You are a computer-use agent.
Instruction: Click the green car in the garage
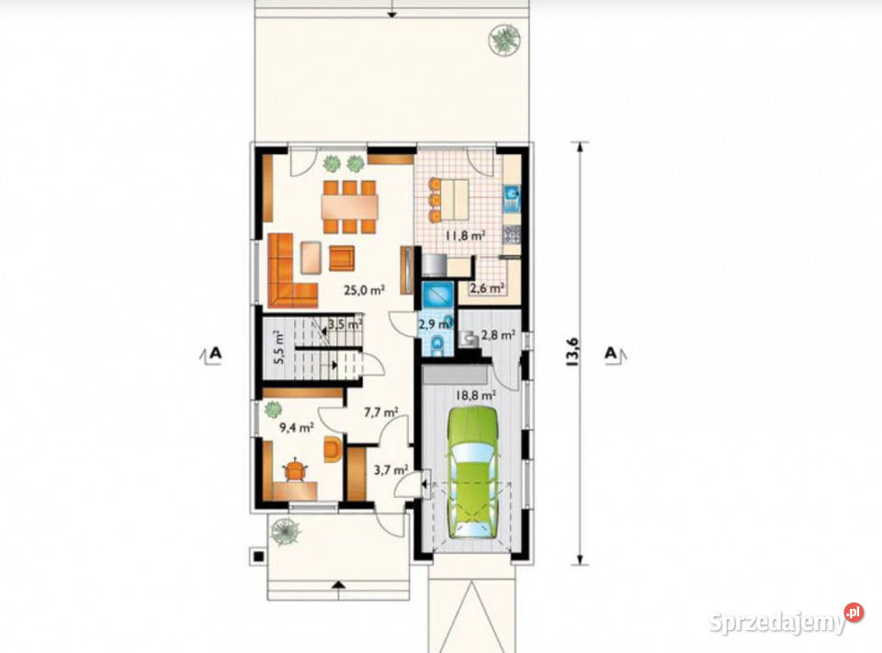point(473,472)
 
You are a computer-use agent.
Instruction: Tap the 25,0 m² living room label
point(365,290)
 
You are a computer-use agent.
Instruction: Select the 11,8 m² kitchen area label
point(466,235)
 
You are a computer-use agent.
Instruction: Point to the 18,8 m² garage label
point(475,395)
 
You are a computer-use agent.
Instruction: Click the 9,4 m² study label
point(297,427)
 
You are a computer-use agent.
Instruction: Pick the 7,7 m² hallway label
point(380,412)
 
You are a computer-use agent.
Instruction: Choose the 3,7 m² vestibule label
point(391,469)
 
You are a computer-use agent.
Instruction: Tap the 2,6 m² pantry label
point(487,288)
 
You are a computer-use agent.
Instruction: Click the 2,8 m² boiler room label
point(498,335)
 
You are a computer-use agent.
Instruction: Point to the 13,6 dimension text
point(573,353)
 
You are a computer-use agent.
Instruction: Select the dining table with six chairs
point(349,207)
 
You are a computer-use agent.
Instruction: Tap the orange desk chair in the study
point(294,470)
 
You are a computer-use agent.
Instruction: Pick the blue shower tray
point(436,294)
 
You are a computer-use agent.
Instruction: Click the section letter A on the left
point(215,354)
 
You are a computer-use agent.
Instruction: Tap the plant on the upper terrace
point(503,39)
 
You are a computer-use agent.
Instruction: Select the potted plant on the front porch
point(285,532)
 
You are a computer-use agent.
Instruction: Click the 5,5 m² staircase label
point(279,349)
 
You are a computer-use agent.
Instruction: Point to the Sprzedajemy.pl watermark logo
point(786,620)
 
